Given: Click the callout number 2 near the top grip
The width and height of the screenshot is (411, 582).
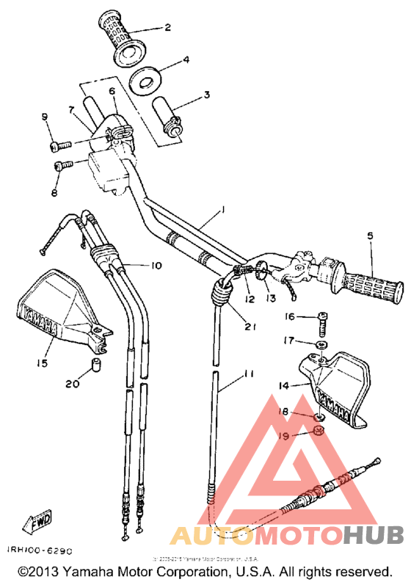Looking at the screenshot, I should [x=167, y=28].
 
